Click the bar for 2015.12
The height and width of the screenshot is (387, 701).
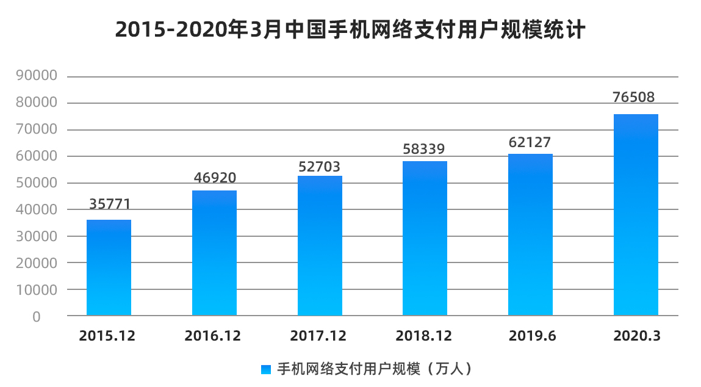tap(109, 267)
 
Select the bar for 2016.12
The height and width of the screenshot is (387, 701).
tap(214, 253)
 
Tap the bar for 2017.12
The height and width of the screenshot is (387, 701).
tap(320, 245)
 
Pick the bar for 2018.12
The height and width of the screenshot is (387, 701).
tap(425, 238)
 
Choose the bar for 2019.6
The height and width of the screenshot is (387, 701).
tap(530, 234)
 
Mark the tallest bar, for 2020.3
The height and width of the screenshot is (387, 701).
tap(636, 215)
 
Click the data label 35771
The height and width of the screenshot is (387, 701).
tap(110, 204)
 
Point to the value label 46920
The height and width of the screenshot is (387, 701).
tap(215, 178)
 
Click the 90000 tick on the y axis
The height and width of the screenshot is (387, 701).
tap(37, 76)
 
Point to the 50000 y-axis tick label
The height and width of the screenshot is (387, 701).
tap(37, 183)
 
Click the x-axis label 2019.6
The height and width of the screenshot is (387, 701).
tap(531, 336)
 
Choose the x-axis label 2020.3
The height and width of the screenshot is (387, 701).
tap(636, 336)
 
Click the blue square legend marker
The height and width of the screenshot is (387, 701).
tap(265, 369)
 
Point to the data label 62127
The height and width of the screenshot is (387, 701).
tap(530, 143)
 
